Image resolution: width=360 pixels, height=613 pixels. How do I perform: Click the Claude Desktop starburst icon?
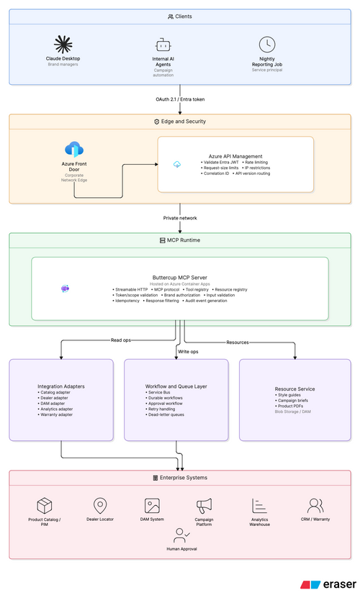(x=63, y=44)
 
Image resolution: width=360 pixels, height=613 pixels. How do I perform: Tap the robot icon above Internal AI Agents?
(x=163, y=45)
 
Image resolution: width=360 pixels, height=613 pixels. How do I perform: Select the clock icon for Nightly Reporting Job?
(x=267, y=45)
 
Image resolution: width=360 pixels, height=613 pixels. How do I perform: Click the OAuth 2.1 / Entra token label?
(x=180, y=99)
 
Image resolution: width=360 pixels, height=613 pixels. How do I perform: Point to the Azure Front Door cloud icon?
(x=74, y=150)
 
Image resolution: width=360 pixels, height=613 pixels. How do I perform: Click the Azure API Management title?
(x=235, y=156)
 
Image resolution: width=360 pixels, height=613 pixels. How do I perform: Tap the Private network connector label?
(x=180, y=218)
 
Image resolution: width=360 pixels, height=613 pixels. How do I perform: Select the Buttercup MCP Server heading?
(x=179, y=277)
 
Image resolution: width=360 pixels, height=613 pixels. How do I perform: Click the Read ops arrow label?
(x=120, y=340)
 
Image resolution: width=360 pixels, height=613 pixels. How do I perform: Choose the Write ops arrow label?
(x=188, y=352)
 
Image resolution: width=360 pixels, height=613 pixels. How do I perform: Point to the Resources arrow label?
(x=238, y=342)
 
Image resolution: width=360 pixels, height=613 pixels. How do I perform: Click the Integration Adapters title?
(x=61, y=386)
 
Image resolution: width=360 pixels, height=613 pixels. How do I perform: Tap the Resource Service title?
(x=294, y=389)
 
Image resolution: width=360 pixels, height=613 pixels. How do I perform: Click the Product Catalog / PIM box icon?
(x=44, y=506)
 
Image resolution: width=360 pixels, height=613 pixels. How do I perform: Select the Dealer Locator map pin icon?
(x=100, y=506)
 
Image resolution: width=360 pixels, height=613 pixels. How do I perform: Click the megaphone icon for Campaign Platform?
(x=204, y=506)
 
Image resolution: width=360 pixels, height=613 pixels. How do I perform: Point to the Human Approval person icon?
(x=181, y=535)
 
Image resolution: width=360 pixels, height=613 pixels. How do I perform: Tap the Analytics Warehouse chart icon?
(x=259, y=506)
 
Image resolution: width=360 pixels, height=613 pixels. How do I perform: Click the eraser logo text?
(x=340, y=584)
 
